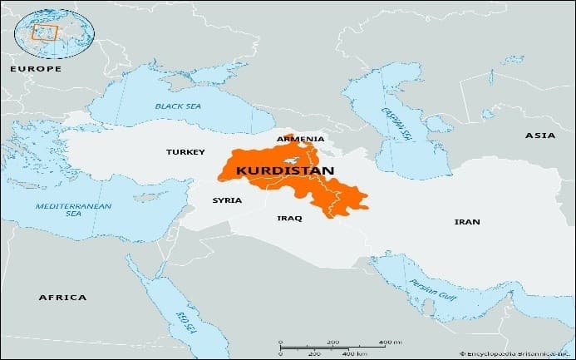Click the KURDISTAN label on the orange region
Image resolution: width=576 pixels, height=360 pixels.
tap(285, 170)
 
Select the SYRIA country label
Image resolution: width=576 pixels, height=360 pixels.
tap(227, 200)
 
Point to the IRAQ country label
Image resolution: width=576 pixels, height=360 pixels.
tap(289, 218)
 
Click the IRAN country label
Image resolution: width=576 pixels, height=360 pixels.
tap(466, 222)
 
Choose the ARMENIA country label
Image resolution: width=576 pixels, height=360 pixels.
tap(300, 139)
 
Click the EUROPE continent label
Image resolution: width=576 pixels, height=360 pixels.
tap(35, 68)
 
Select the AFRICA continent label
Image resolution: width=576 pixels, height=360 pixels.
tap(63, 297)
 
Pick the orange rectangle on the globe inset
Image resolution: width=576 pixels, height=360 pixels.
tap(43, 32)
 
